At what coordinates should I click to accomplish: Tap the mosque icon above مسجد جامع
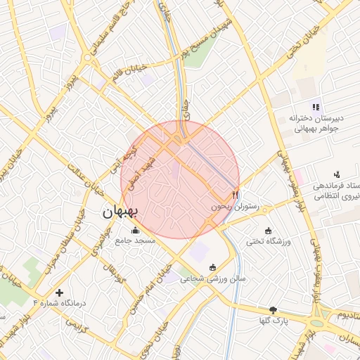point(135,229)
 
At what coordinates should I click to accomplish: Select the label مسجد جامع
point(135,240)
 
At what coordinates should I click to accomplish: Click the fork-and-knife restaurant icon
point(236,195)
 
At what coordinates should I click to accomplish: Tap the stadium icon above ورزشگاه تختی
point(268,230)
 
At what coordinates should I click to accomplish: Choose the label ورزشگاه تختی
point(268,242)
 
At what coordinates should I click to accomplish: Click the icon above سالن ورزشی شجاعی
point(213,266)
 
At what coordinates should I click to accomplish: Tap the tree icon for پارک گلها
point(273,309)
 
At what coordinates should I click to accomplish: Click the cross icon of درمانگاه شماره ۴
point(59,291)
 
